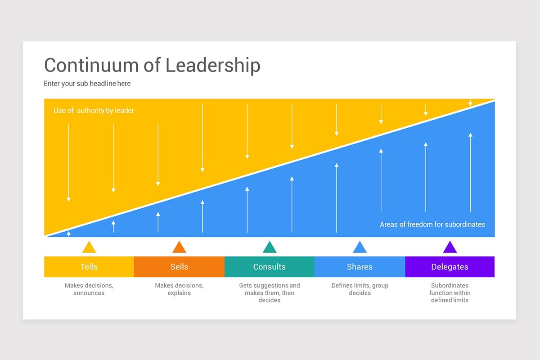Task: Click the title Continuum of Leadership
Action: pos(152,65)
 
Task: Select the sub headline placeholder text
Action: pos(87,84)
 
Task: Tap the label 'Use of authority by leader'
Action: pos(94,111)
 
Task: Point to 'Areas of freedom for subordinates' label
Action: pos(432,224)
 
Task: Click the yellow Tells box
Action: pos(89,267)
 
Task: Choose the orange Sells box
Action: pos(179,267)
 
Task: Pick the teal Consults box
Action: pos(269,267)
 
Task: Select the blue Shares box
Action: pos(360,267)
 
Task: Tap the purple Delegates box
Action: pos(450,267)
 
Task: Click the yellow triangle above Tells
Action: pos(89,248)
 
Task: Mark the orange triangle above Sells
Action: pos(179,248)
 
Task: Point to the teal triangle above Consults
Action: pos(270,248)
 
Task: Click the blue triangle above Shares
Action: pos(360,248)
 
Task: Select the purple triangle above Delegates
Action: pos(450,248)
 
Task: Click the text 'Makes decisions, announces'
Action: pos(89,289)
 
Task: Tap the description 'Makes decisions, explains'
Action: pos(179,289)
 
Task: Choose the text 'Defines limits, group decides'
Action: pos(360,289)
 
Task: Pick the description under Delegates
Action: pos(450,293)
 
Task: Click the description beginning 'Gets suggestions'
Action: pos(269,293)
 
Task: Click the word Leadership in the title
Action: pos(213,65)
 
